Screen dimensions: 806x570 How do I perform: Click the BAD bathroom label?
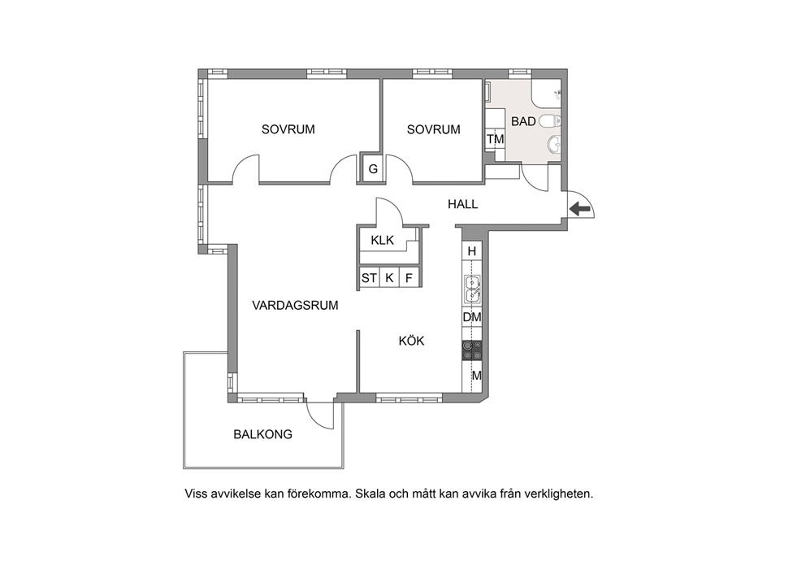click(523, 121)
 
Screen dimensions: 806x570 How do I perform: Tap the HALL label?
click(462, 204)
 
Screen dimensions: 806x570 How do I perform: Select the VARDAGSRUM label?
click(295, 306)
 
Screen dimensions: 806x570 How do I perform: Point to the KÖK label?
click(411, 341)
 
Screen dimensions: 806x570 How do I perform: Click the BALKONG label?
click(262, 434)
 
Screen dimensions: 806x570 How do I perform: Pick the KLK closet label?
click(383, 240)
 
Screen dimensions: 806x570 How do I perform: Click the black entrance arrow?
click(580, 209)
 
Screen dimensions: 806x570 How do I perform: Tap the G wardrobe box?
click(373, 168)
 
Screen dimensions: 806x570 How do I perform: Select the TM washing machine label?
click(496, 139)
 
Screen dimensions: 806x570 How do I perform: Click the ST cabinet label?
click(369, 278)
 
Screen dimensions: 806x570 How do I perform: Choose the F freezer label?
click(409, 278)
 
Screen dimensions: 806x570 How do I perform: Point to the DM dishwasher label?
click(472, 317)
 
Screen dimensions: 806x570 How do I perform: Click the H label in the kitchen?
click(472, 251)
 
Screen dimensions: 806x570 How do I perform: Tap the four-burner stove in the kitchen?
click(472, 350)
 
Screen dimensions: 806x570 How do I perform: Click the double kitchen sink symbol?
click(472, 289)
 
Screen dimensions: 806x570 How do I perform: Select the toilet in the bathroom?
click(550, 121)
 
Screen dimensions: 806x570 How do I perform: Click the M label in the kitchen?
click(476, 376)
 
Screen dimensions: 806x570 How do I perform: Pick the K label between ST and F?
click(389, 278)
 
